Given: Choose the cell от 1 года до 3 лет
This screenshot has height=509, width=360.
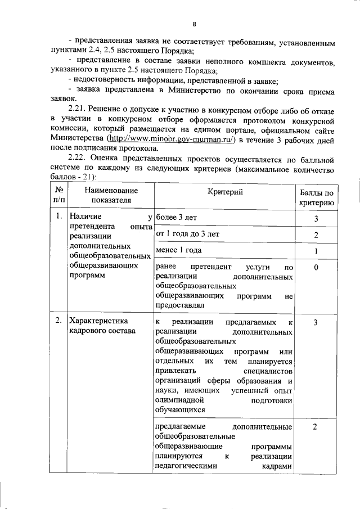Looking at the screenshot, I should click(x=188, y=234).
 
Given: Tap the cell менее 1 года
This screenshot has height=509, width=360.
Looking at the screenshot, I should click(x=178, y=250).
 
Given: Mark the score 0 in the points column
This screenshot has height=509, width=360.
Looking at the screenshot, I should click(x=316, y=268).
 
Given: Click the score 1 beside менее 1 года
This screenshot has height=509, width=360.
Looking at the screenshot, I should click(x=316, y=251).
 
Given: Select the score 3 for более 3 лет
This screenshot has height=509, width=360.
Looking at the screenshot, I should click(x=316, y=219).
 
